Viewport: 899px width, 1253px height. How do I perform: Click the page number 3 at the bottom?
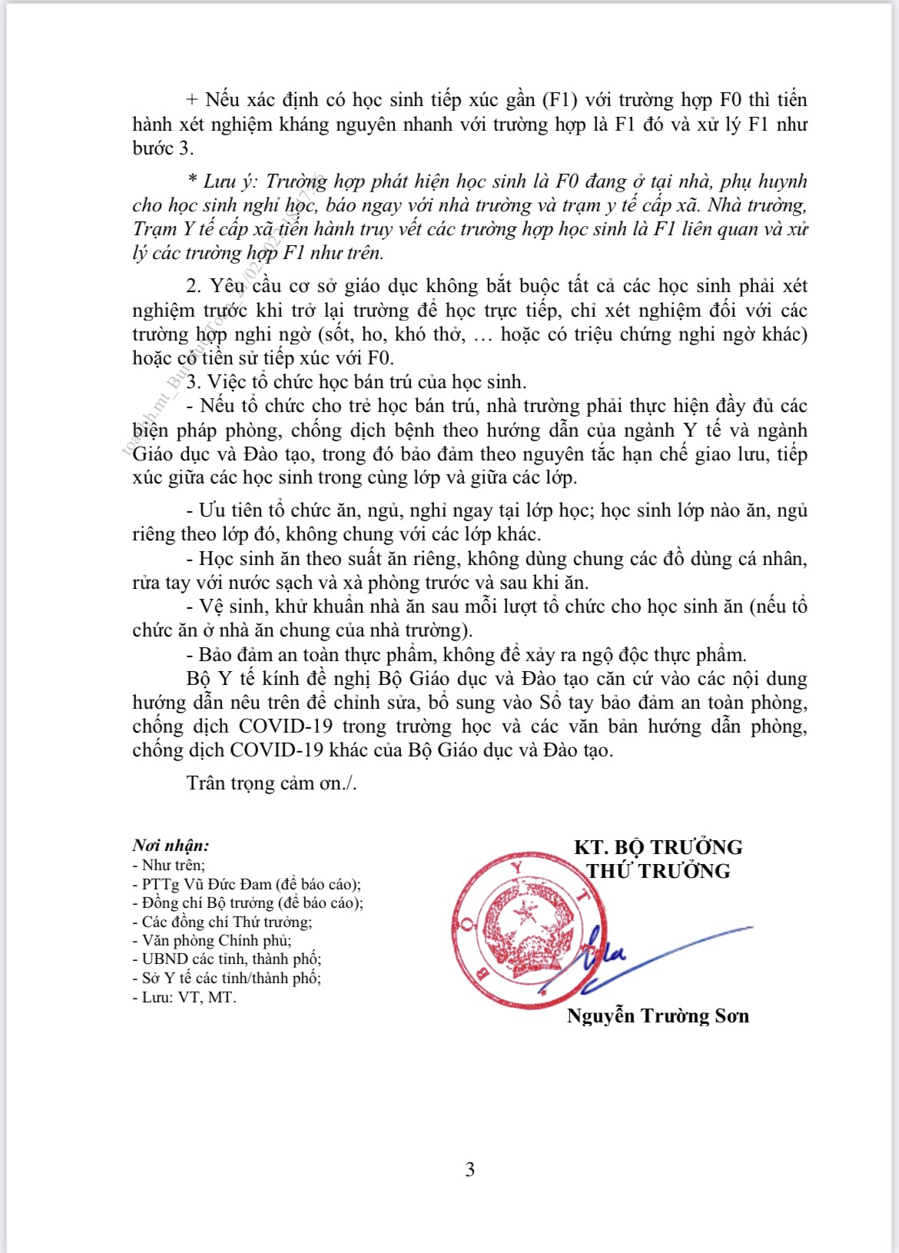(x=469, y=1169)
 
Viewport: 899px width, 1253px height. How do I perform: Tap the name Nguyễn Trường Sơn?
(x=658, y=1015)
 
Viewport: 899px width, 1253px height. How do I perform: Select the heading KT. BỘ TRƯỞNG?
(x=658, y=847)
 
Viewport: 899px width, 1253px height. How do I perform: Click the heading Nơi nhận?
(x=171, y=846)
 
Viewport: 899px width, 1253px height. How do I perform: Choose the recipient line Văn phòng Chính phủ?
(x=216, y=940)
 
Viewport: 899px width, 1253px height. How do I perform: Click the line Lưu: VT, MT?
(x=188, y=997)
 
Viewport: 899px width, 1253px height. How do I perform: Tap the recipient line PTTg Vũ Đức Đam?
(x=250, y=884)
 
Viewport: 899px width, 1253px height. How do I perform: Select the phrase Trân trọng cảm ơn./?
(x=271, y=783)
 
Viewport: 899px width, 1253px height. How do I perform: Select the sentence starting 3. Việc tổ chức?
(x=357, y=382)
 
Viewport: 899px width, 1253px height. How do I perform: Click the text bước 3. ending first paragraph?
(x=163, y=148)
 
